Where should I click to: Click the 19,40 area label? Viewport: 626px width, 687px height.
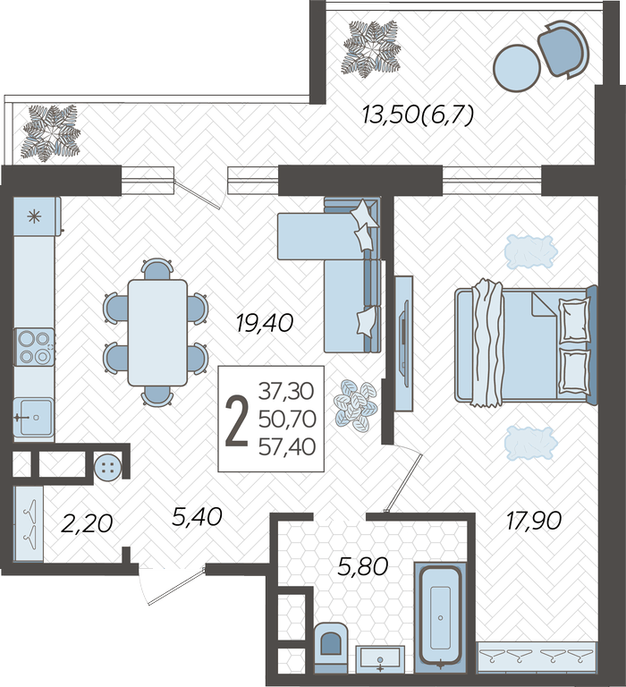[264, 324]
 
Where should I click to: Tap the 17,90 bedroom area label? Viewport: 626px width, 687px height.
[534, 522]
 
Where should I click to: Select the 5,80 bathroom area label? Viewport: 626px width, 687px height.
[363, 566]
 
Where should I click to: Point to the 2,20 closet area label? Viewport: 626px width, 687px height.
[87, 523]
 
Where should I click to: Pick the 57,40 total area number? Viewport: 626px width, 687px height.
[287, 447]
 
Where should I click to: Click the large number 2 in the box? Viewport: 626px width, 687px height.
[237, 420]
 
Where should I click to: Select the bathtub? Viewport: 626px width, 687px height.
[440, 615]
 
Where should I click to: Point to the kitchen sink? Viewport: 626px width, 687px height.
[34, 417]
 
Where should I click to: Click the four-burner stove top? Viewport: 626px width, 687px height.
[35, 346]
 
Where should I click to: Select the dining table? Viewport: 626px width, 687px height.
[157, 333]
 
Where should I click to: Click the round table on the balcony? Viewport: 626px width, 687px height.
[517, 68]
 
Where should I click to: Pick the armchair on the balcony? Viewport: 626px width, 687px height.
[563, 49]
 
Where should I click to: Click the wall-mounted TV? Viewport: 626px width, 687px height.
[404, 343]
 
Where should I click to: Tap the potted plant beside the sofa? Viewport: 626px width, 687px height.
[356, 406]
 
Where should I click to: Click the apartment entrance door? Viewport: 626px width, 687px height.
[172, 586]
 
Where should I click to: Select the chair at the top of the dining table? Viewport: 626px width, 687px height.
[157, 268]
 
